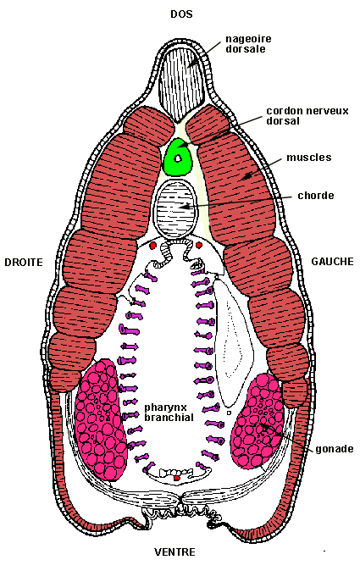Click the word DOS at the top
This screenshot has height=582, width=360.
pyautogui.click(x=181, y=14)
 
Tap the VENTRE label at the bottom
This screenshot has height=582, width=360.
pyautogui.click(x=174, y=552)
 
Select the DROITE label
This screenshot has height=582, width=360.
pyautogui.click(x=24, y=263)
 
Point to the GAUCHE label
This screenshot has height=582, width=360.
pyautogui.click(x=332, y=262)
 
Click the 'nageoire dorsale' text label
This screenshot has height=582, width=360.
pyautogui.click(x=249, y=44)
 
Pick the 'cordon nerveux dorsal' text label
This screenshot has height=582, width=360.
pyautogui.click(x=307, y=116)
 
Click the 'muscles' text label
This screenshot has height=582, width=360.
pyautogui.click(x=309, y=158)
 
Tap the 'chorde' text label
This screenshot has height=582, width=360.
pyautogui.click(x=316, y=196)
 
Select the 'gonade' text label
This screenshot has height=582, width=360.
pyautogui.click(x=335, y=449)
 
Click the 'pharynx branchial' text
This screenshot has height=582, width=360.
pyautogui.click(x=169, y=413)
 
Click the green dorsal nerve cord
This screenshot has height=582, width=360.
pyautogui.click(x=178, y=157)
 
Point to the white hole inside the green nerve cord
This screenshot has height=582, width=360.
pyautogui.click(x=178, y=158)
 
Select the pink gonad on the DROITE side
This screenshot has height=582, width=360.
pyautogui.click(x=101, y=419)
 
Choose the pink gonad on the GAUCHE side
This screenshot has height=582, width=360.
pyautogui.click(x=258, y=422)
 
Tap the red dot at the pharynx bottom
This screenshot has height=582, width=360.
pyautogui.click(x=177, y=478)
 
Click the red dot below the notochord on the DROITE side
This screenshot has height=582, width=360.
pyautogui.click(x=152, y=246)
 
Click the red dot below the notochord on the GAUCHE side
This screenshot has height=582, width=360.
pyautogui.click(x=198, y=245)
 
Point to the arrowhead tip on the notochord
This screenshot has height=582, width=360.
pyautogui.click(x=180, y=206)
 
